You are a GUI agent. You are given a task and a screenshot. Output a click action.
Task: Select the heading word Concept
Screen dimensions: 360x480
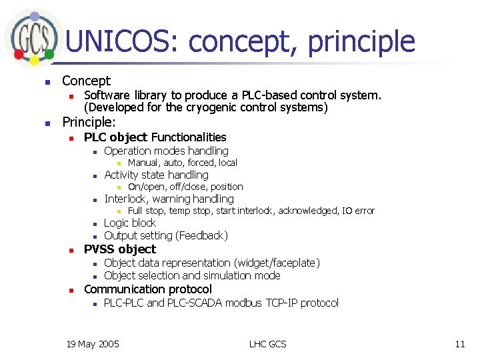coord(86,81)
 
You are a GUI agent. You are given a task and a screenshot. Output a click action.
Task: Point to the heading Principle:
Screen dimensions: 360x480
coord(89,122)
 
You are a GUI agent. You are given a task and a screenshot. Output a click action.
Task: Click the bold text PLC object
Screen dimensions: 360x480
coord(115,137)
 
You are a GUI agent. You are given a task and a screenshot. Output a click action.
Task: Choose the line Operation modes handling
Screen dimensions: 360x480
coord(166,151)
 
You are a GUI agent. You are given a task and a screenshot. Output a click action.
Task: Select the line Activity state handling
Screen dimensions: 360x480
coord(156,175)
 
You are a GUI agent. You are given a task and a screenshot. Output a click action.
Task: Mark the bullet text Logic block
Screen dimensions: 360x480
coord(130,223)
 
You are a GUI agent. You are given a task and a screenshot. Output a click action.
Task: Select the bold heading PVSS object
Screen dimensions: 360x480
coord(119,249)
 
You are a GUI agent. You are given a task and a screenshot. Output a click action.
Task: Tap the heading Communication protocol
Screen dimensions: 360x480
coord(147,289)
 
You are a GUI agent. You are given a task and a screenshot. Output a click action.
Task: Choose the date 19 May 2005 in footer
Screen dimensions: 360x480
coord(93,344)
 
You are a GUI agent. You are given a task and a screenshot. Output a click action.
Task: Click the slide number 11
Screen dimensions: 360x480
coord(459,344)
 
